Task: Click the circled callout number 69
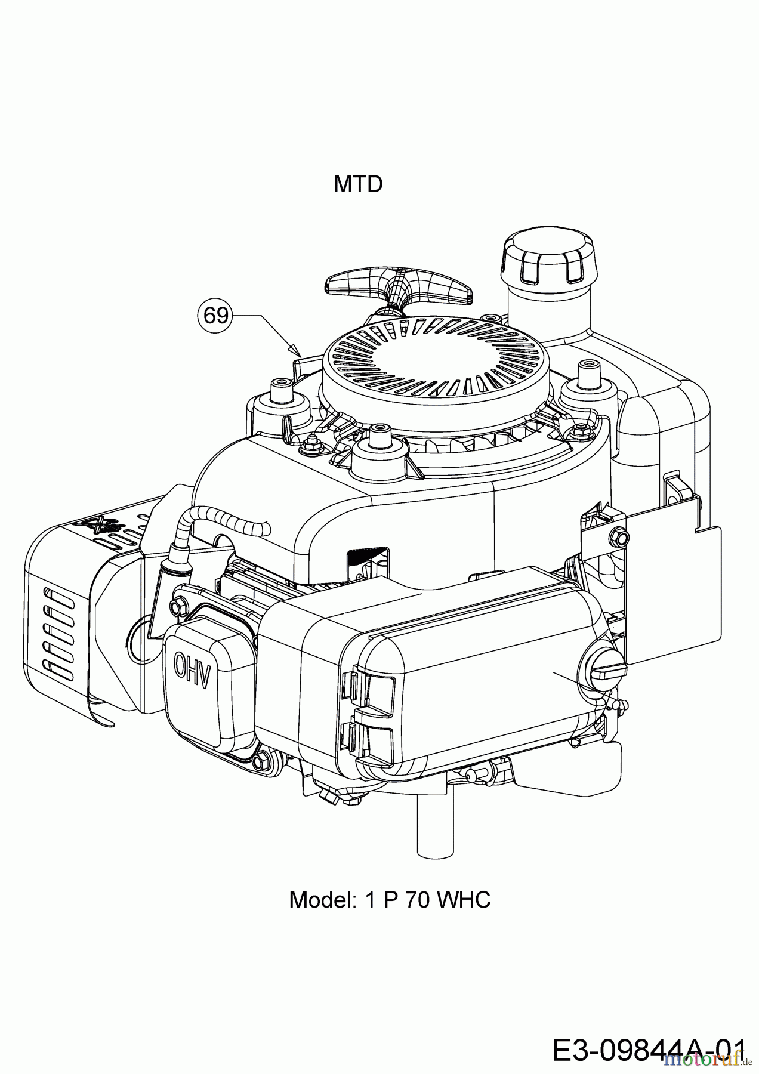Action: click(215, 314)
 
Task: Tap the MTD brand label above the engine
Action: click(358, 184)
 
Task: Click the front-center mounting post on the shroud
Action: click(376, 442)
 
